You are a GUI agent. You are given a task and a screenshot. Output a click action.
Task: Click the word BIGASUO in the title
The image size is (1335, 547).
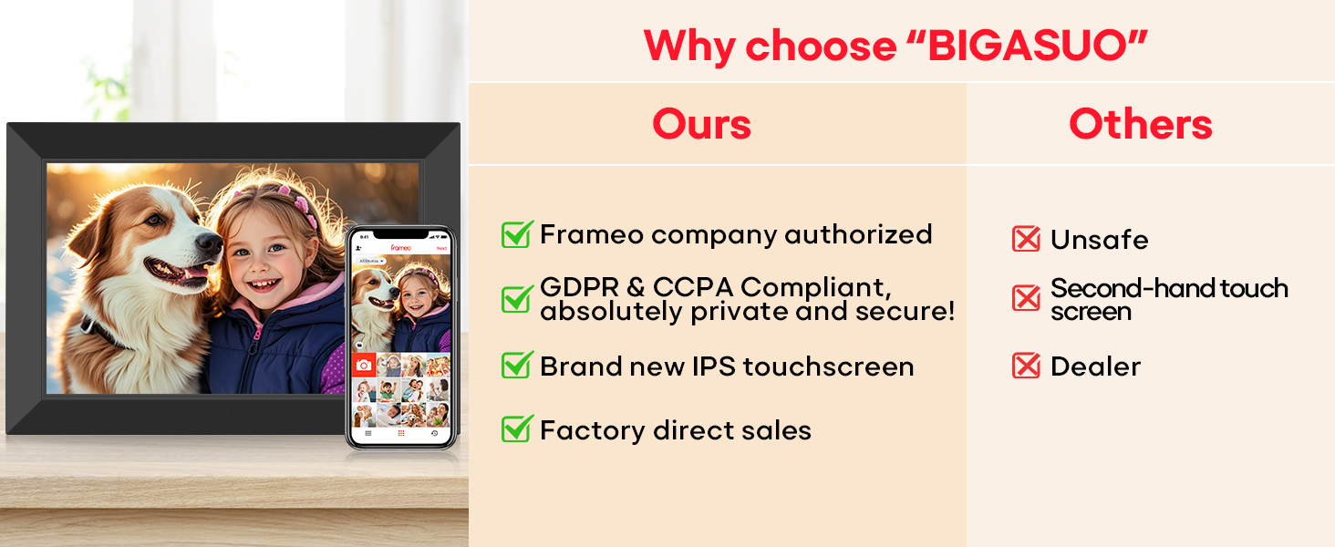click(1030, 46)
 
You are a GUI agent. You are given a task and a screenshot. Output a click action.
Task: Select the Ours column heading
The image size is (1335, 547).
click(701, 124)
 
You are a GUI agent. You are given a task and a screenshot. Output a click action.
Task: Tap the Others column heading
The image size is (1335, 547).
click(1141, 124)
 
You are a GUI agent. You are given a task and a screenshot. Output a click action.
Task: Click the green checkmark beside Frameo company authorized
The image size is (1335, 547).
click(517, 233)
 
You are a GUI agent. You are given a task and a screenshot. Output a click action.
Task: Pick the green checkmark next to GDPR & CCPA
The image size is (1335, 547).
click(517, 298)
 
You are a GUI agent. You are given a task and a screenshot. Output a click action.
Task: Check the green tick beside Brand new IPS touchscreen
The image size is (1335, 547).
click(517, 365)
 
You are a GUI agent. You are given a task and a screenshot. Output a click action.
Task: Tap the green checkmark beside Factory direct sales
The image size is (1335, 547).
click(517, 428)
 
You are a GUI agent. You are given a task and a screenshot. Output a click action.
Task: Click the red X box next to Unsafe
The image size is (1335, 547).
click(1026, 239)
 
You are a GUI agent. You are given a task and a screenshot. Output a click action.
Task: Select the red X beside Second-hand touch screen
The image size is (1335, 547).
click(1026, 298)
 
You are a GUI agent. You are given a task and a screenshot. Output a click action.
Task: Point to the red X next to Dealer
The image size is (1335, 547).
click(1026, 366)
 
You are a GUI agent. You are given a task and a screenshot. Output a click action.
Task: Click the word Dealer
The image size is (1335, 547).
click(1095, 366)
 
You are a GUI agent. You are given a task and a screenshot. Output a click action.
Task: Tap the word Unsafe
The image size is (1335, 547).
click(1099, 240)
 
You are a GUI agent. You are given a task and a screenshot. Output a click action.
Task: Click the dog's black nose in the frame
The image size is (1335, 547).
click(209, 243)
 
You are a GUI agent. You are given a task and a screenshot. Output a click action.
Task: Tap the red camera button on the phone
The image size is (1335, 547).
click(364, 365)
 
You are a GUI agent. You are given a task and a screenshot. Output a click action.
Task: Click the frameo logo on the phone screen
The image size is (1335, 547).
click(400, 247)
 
